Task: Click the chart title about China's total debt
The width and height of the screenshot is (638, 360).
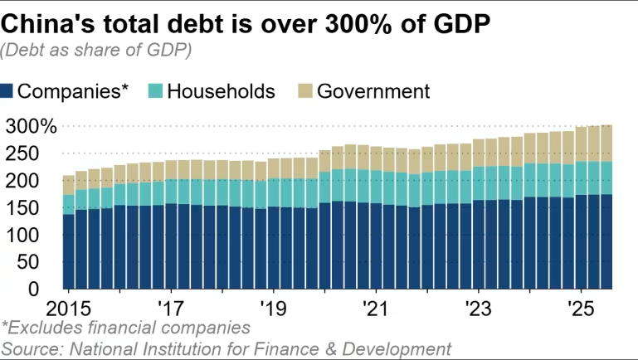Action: coord(246,22)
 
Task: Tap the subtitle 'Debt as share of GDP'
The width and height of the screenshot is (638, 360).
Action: coord(97,51)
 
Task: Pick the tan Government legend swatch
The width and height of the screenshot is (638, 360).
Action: coord(305,90)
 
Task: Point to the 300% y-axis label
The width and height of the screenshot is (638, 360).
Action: coord(31,127)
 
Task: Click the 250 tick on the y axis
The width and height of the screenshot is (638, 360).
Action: coord(40,153)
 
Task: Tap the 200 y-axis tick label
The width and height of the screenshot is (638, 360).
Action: coord(40,181)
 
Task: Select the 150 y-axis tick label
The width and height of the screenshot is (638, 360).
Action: coord(40,208)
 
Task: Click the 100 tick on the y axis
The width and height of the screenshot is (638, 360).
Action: coord(40,235)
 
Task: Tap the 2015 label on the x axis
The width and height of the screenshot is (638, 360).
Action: coord(67,307)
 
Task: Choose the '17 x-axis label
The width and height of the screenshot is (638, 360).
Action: coord(171,307)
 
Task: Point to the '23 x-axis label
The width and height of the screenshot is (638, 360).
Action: coord(478,307)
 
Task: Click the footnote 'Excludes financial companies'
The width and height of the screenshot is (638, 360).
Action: coord(126,328)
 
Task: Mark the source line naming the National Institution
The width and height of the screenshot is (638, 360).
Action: coord(226,348)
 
